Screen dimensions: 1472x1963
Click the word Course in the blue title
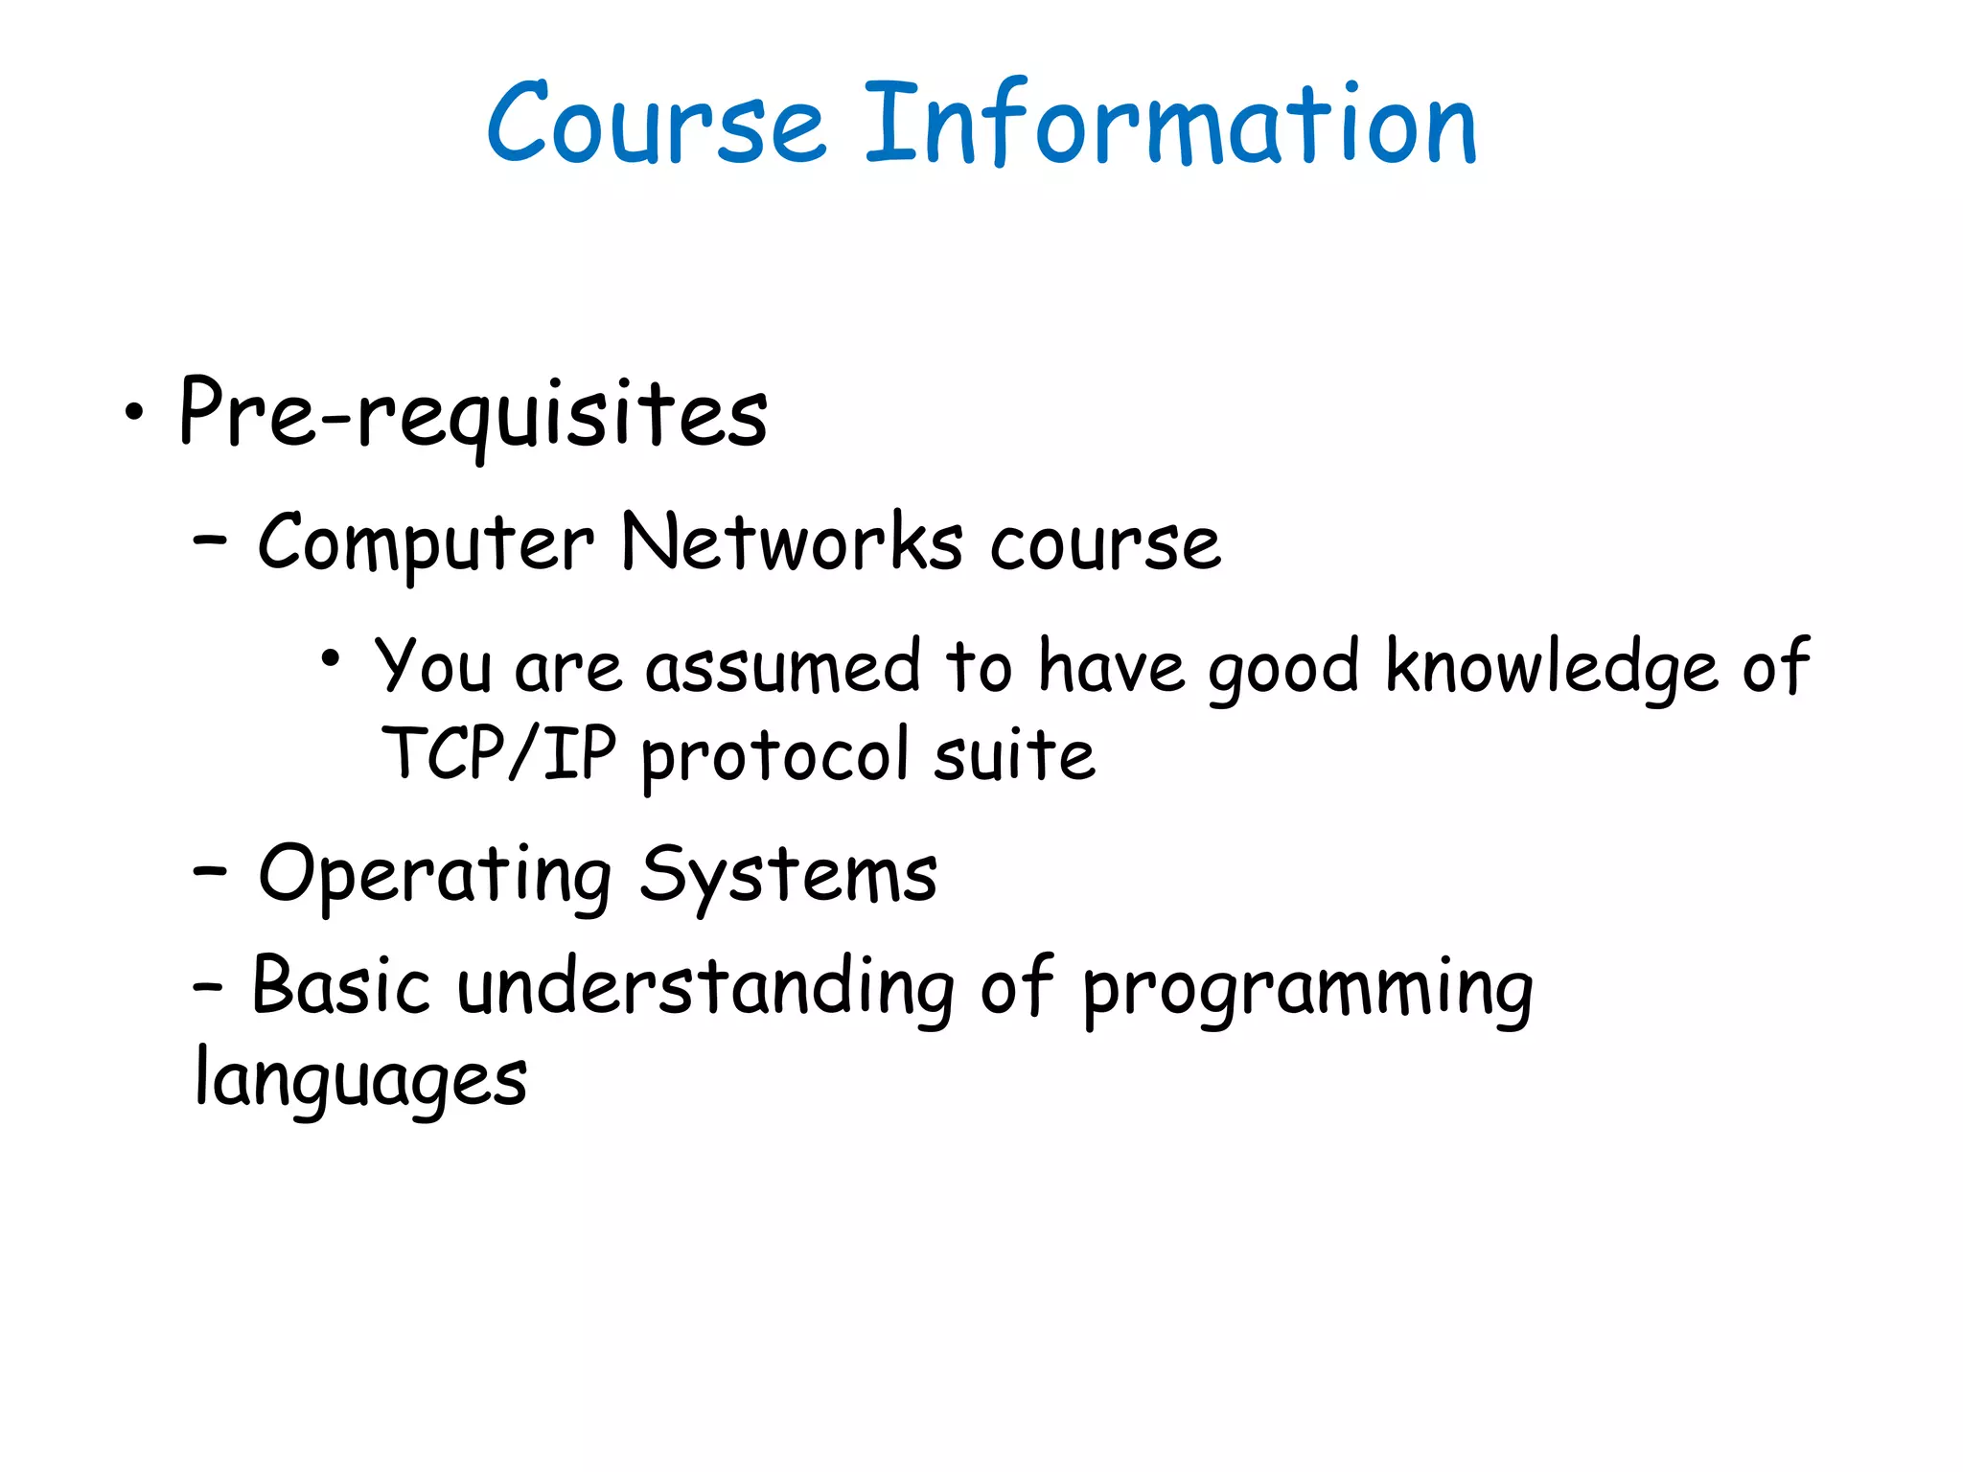(x=656, y=125)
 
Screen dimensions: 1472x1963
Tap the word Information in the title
(x=1170, y=125)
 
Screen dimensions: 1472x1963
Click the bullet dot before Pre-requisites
(x=134, y=414)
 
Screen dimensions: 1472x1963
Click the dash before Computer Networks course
(x=210, y=540)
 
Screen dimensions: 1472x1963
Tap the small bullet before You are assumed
(x=331, y=658)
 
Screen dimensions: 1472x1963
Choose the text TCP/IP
(x=498, y=753)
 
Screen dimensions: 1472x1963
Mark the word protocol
(x=774, y=757)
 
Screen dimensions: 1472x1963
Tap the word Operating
(x=435, y=876)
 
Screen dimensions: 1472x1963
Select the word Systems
(x=788, y=876)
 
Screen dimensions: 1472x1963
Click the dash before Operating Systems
(x=210, y=871)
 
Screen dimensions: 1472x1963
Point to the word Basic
(x=340, y=986)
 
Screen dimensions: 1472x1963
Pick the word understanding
(x=705, y=988)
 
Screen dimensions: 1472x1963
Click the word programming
(x=1307, y=992)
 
